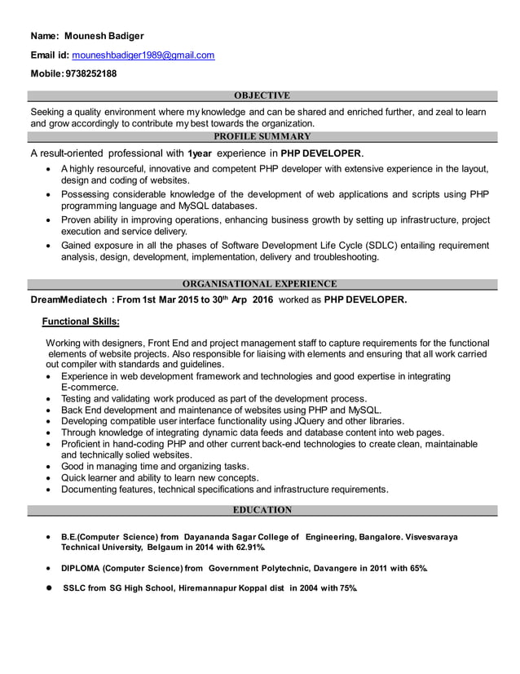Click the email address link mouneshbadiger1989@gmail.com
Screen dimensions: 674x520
pyautogui.click(x=143, y=55)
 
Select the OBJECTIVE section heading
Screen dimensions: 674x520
pyautogui.click(x=262, y=96)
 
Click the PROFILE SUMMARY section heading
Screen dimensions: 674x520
pyautogui.click(x=262, y=136)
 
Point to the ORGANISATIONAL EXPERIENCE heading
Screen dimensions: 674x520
pyautogui.click(x=259, y=284)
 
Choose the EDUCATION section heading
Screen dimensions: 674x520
pyautogui.click(x=262, y=510)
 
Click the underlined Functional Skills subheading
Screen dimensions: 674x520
pyautogui.click(x=81, y=321)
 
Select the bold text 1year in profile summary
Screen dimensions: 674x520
pyautogui.click(x=201, y=153)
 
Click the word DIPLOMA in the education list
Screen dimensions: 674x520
pyautogui.click(x=83, y=568)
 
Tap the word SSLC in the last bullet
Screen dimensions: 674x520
pyautogui.click(x=75, y=588)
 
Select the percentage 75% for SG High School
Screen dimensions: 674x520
pyautogui.click(x=348, y=588)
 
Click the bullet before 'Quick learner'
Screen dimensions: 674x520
pyautogui.click(x=51, y=478)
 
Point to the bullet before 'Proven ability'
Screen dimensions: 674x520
pyautogui.click(x=51, y=220)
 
